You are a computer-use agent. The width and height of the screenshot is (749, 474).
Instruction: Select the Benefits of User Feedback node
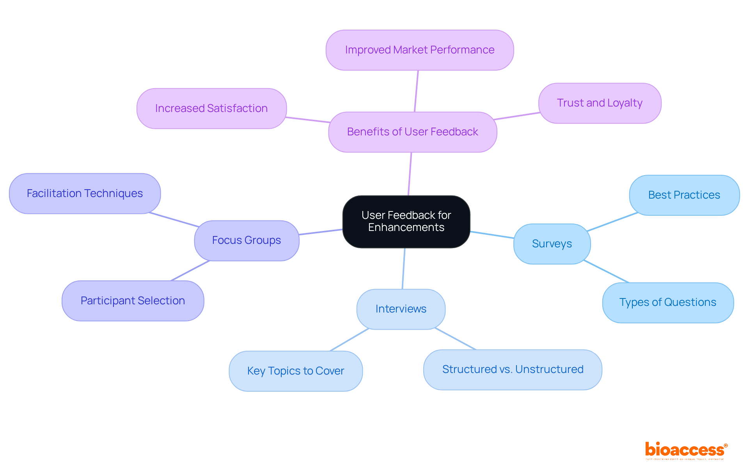click(x=412, y=132)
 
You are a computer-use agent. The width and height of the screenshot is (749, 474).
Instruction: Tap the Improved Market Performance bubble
click(x=419, y=50)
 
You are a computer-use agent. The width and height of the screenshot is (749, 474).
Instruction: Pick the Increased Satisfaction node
click(x=211, y=108)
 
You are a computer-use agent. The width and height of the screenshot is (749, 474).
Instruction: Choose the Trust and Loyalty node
click(x=600, y=103)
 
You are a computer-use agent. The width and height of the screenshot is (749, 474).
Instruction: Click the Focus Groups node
click(x=247, y=240)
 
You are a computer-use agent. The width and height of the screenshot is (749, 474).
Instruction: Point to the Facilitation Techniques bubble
click(x=85, y=194)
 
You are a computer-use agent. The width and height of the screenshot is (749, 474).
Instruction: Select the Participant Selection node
click(x=133, y=301)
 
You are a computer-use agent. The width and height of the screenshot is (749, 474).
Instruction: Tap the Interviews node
click(x=401, y=309)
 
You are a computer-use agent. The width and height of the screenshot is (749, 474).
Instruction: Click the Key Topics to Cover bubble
click(x=296, y=371)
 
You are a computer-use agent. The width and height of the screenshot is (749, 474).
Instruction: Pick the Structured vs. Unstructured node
click(x=513, y=369)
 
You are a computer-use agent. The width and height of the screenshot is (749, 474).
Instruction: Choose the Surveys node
click(x=552, y=244)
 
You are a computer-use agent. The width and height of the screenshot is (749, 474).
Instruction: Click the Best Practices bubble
click(x=684, y=195)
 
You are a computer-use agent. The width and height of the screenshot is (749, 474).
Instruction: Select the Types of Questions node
click(x=668, y=302)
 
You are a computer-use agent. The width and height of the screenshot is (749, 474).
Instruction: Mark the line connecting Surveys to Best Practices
click(x=612, y=222)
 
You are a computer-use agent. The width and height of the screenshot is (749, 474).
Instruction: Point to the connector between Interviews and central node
click(x=403, y=268)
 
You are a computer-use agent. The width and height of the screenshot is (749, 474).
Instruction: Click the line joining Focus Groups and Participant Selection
click(x=190, y=270)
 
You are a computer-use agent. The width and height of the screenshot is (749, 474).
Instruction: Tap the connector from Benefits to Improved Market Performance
click(x=416, y=91)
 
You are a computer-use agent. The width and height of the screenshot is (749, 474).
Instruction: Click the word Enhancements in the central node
click(x=406, y=227)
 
